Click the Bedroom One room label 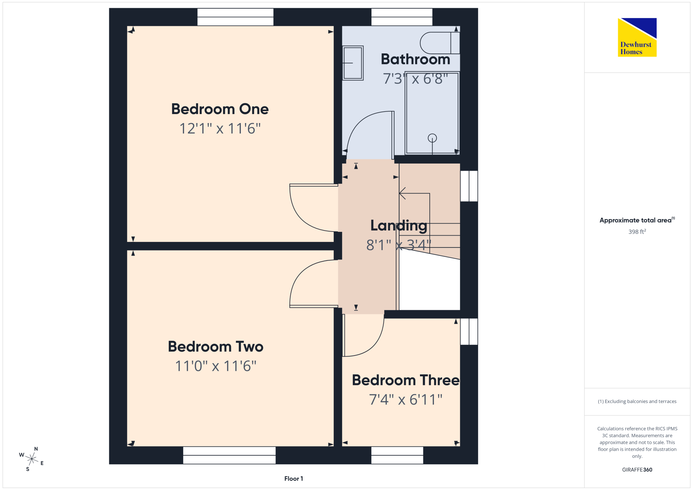coord(220,109)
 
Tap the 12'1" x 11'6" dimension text coord(220,129)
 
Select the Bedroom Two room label coord(216,347)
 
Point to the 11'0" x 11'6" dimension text coord(216,366)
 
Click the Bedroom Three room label coord(406,380)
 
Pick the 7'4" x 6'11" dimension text coord(406,400)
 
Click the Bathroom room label coord(415,59)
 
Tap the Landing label coord(399,226)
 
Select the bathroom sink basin coord(353,63)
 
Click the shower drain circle coord(432,138)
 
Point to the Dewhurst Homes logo coord(637,37)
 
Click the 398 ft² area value coord(637,231)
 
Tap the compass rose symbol coord(32,459)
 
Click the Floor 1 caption coord(293,479)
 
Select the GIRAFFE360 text coord(637,470)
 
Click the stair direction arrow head coord(402,193)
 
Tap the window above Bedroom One coord(235,17)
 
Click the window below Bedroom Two coord(229,455)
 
